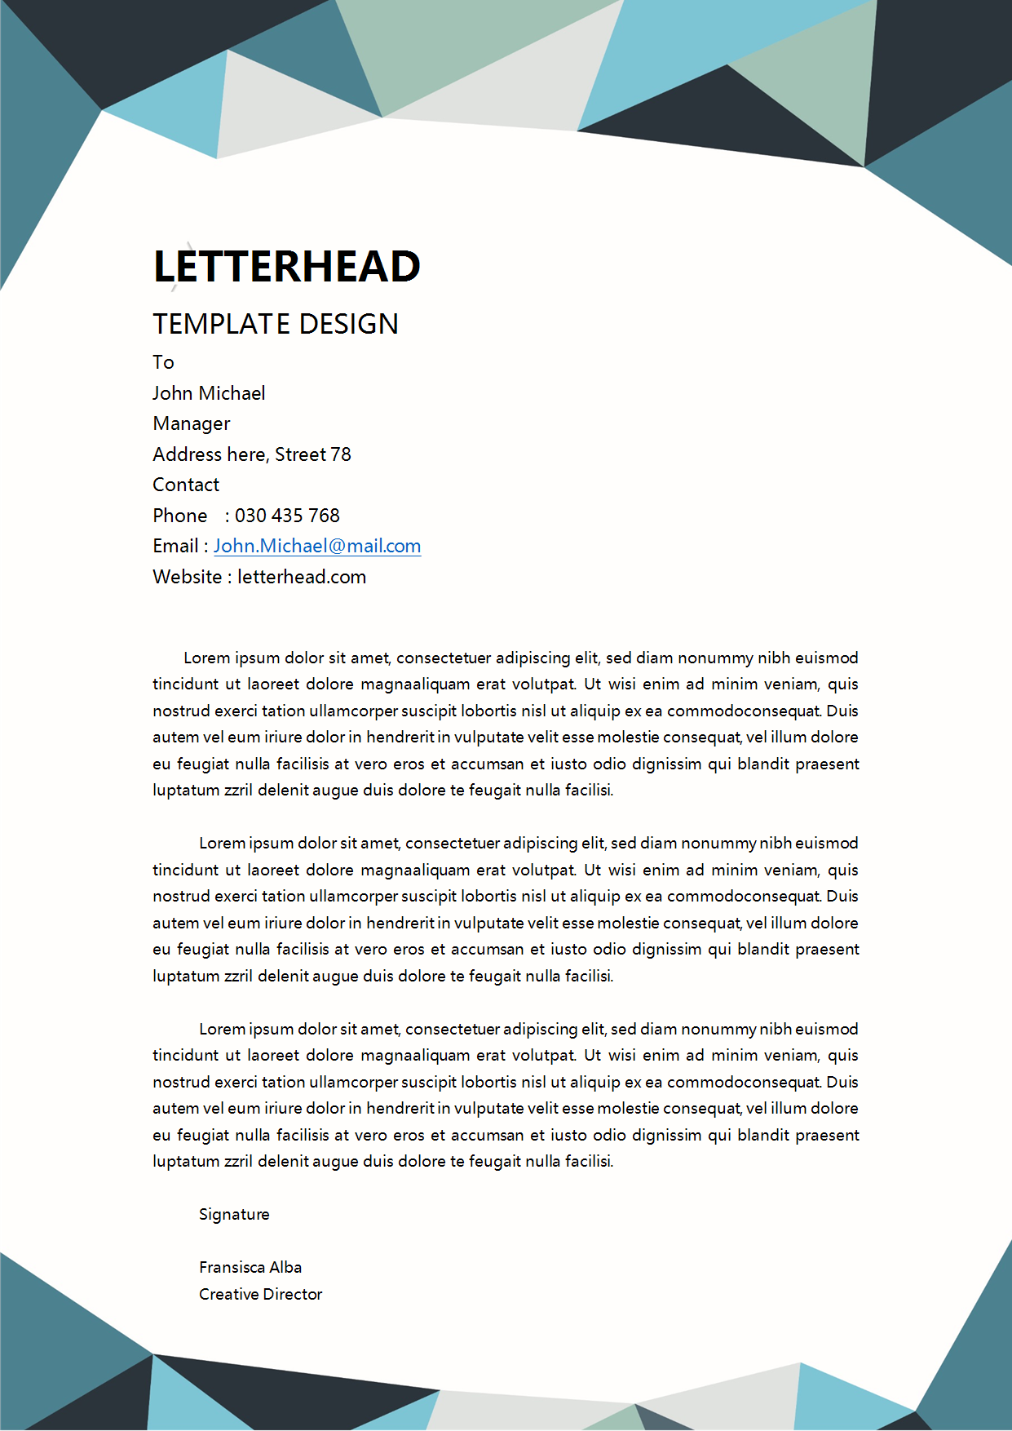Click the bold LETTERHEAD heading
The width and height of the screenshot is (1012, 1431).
pyautogui.click(x=286, y=267)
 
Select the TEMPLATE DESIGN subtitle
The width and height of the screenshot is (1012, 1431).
pyautogui.click(x=276, y=324)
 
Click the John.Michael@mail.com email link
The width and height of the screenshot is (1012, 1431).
pyautogui.click(x=317, y=546)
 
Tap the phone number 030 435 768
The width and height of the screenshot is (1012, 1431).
pyautogui.click(x=287, y=516)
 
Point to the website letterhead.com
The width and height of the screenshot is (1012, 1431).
pyautogui.click(x=302, y=577)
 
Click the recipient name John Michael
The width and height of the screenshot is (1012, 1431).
pyautogui.click(x=209, y=393)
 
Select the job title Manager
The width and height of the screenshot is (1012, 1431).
pyautogui.click(x=192, y=423)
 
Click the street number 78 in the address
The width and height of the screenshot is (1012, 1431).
pyautogui.click(x=341, y=454)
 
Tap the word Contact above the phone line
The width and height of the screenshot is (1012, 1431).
pyautogui.click(x=186, y=485)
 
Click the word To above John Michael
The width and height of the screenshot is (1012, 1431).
pyautogui.click(x=163, y=362)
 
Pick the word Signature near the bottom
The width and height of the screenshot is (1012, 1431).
pyautogui.click(x=234, y=1214)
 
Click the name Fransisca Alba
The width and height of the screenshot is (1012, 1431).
pyautogui.click(x=250, y=1267)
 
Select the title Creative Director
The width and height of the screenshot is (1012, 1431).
pyautogui.click(x=260, y=1294)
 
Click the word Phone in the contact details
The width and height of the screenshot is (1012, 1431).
pyautogui.click(x=180, y=516)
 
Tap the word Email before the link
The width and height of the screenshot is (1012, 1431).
pyautogui.click(x=175, y=546)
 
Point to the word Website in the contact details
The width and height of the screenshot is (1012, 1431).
pyautogui.click(x=188, y=577)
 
